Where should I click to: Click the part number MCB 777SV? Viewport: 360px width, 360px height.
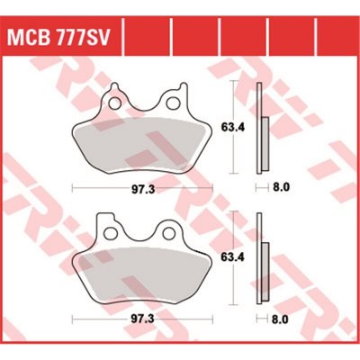tap(57, 38)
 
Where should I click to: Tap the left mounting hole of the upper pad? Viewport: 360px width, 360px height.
tap(114, 103)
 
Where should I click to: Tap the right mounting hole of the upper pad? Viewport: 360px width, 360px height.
tap(172, 103)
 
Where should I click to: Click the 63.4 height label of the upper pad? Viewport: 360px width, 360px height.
tap(233, 128)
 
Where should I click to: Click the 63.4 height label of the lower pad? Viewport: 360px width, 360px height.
tap(233, 257)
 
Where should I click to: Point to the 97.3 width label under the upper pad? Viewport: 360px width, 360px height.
tap(143, 190)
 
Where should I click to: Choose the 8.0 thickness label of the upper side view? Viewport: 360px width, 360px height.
tap(282, 188)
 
